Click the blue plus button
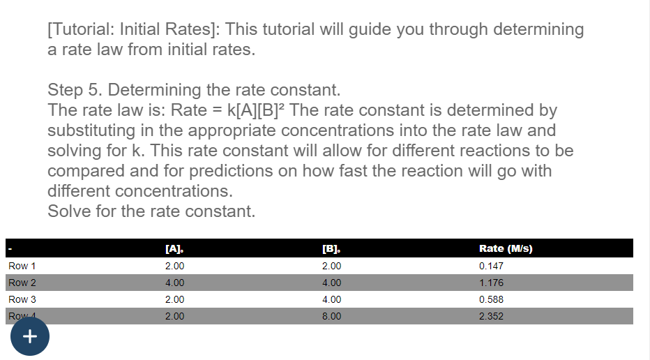(30, 336)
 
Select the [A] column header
(174, 249)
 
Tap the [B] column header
(331, 249)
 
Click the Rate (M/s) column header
(506, 249)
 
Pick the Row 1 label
(22, 266)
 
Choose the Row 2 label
(22, 283)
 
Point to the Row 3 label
(22, 299)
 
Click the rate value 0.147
(491, 266)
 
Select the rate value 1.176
(491, 283)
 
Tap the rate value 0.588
(491, 299)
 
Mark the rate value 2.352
(491, 316)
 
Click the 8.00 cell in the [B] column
(331, 316)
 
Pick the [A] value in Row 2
(174, 283)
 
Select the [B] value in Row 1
(331, 266)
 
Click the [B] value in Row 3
(331, 299)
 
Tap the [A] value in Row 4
(174, 316)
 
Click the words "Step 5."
(75, 90)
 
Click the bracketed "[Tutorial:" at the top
(80, 29)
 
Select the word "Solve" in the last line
(69, 211)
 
